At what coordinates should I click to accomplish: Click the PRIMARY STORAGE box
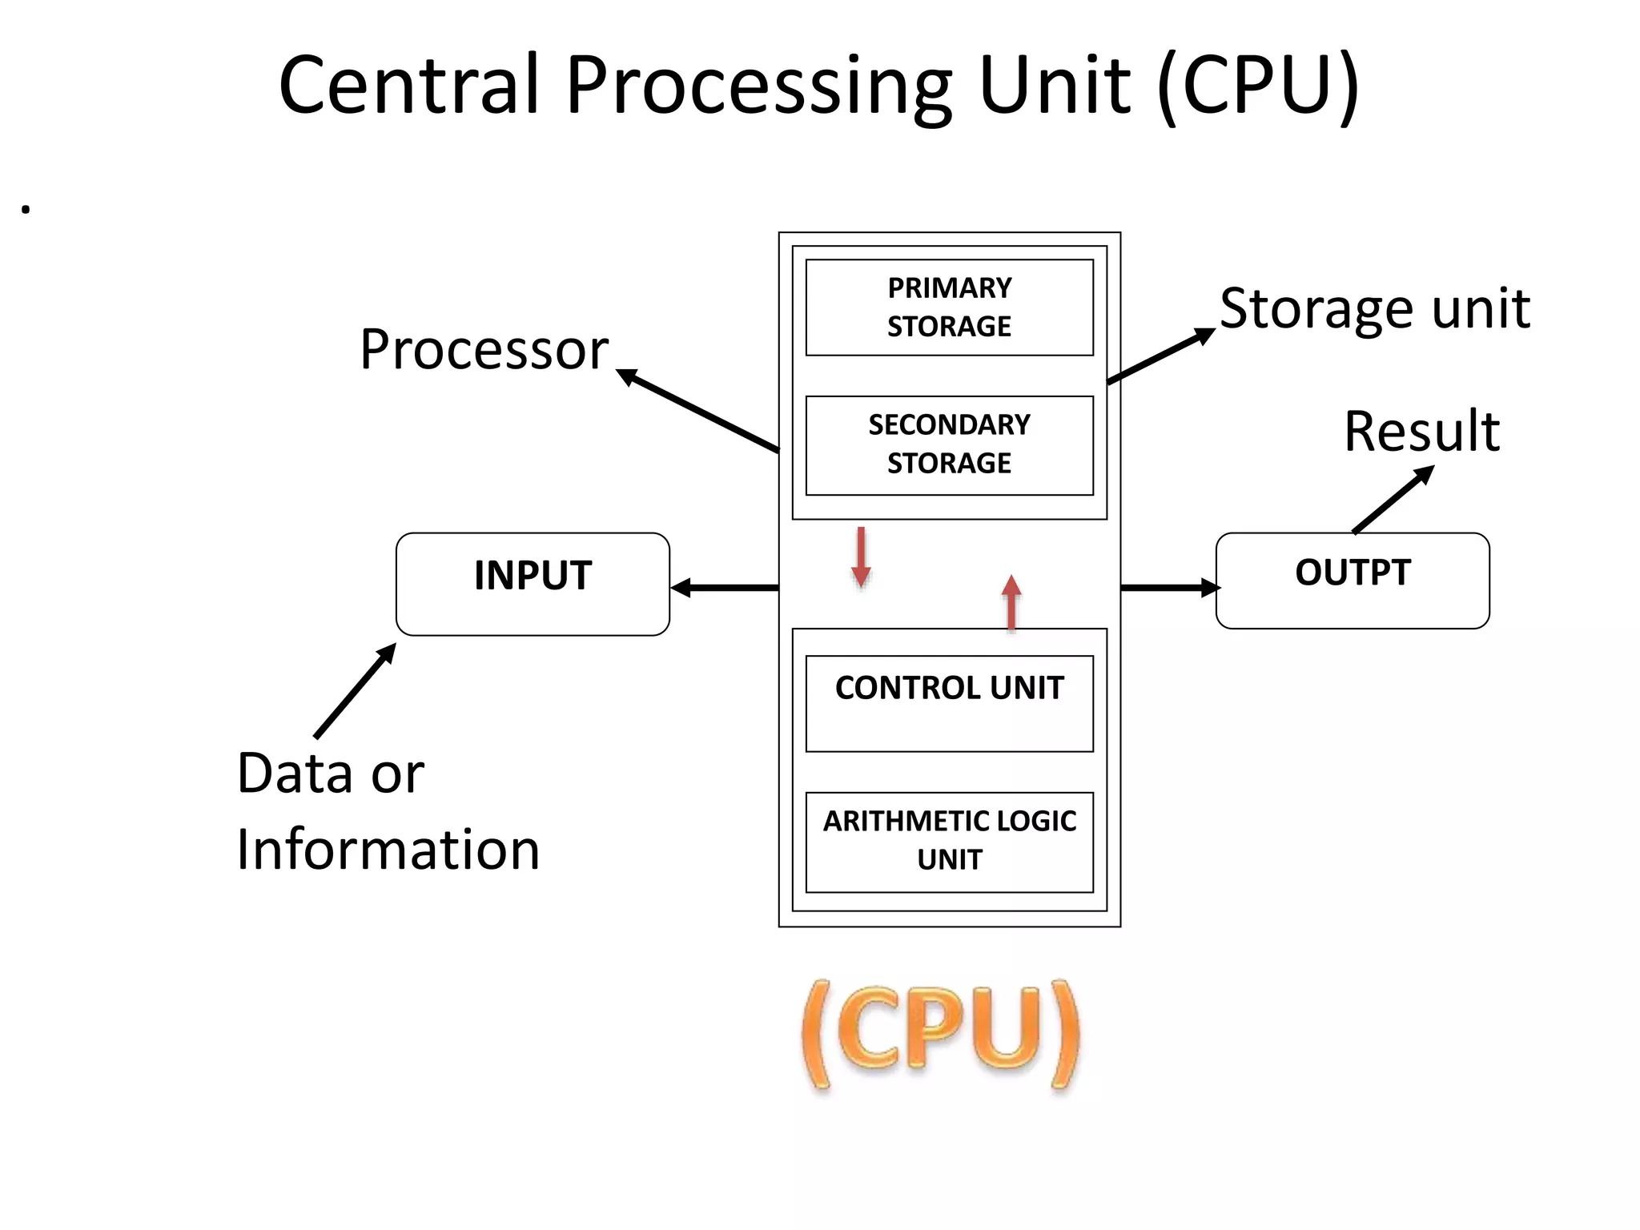coord(949,307)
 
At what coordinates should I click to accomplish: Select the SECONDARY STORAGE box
coord(949,444)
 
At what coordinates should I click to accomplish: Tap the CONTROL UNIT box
coord(949,702)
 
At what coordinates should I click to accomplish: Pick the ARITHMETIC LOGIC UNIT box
coord(949,841)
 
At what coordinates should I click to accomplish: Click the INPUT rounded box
coord(533,583)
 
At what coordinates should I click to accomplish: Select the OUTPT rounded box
coord(1352,580)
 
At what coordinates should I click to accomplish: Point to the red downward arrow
coord(861,557)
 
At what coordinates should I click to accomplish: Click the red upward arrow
coord(1011,604)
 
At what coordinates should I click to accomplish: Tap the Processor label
coord(484,349)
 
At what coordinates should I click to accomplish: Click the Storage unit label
coord(1374,308)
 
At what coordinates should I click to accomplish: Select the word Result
coord(1421,431)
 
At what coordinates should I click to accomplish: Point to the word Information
coord(388,849)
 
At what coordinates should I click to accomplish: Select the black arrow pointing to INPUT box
coord(725,589)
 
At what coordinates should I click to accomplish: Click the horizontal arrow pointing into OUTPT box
coord(1169,588)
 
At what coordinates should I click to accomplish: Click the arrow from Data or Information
coord(355,690)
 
